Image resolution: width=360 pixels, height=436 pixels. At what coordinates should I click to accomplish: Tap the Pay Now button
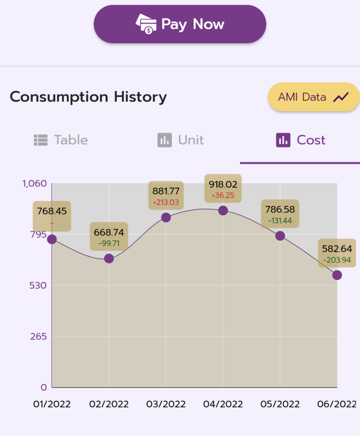point(180,24)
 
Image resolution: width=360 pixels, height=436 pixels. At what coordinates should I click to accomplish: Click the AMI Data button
point(313,97)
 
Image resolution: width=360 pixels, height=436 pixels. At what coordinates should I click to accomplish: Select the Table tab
point(61,140)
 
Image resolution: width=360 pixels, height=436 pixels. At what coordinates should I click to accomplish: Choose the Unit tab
point(180,140)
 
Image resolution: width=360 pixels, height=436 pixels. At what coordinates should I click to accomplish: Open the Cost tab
point(300,140)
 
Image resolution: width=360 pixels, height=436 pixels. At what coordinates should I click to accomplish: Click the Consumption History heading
point(88,97)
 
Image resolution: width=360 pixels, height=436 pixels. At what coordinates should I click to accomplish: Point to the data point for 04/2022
point(223,211)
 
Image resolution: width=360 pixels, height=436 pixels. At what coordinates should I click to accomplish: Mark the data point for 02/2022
point(109,258)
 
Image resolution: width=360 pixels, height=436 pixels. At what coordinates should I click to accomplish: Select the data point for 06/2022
point(337,275)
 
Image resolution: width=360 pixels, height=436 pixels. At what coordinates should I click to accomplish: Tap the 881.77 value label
point(166,191)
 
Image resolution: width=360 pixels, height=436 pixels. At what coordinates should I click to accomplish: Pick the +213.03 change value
point(166,202)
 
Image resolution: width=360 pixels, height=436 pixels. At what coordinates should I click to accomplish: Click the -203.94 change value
point(337,260)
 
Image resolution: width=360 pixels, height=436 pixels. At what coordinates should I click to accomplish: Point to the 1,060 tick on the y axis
point(35,184)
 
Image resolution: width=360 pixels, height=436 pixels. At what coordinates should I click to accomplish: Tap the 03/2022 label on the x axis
point(166,404)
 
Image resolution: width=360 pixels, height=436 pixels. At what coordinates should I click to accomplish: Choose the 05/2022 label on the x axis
point(280,404)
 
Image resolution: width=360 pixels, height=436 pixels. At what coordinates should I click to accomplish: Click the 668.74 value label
point(109,232)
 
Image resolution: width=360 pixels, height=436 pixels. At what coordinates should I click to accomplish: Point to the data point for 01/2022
point(52,239)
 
